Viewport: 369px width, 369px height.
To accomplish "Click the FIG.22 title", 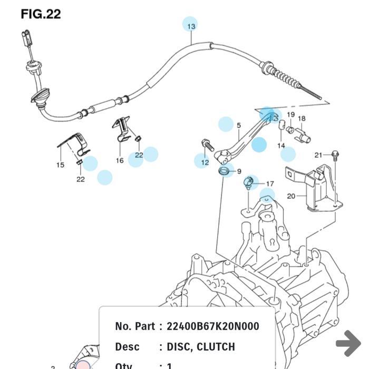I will [41, 14].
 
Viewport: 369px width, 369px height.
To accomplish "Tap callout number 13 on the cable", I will [190, 25].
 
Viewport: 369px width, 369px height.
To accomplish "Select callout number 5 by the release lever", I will [239, 125].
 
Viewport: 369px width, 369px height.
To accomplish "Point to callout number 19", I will [290, 115].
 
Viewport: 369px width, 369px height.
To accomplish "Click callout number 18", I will [302, 119].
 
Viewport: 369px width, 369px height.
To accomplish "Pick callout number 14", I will [281, 145].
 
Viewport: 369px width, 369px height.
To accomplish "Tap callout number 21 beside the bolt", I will [318, 155].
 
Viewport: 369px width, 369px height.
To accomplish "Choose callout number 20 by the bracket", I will [291, 196].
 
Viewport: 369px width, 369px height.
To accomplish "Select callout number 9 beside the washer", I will [239, 171].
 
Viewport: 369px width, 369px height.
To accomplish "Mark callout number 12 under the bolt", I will [205, 162].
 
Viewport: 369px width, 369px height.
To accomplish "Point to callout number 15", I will [60, 165].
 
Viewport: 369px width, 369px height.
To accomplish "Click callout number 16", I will [120, 160].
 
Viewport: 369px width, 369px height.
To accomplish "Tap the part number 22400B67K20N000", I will [212, 326].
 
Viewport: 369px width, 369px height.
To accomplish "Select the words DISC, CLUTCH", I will [200, 347].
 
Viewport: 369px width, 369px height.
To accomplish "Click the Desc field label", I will [127, 347].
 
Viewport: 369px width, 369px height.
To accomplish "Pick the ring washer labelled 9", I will [225, 171].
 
